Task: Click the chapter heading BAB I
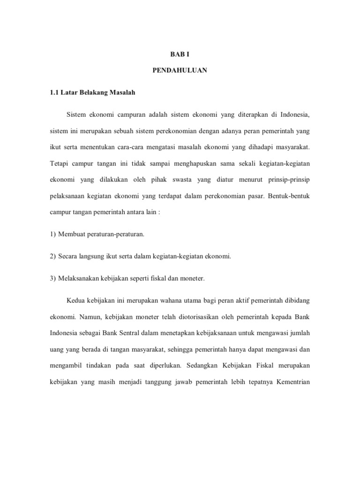180,54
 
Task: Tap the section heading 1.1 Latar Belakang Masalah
92,93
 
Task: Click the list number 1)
53,234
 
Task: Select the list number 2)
53,256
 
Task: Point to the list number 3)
53,278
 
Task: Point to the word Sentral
132,332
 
